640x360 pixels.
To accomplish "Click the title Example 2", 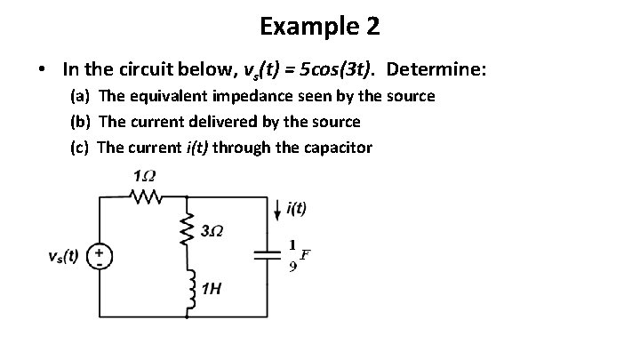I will (x=320, y=27).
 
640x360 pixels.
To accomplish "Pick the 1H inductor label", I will (x=212, y=289).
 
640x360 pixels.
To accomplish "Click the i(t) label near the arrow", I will (x=297, y=209).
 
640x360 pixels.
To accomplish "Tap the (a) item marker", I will (x=80, y=96).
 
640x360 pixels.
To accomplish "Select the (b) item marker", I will (x=80, y=122).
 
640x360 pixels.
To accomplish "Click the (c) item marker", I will (x=79, y=148).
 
